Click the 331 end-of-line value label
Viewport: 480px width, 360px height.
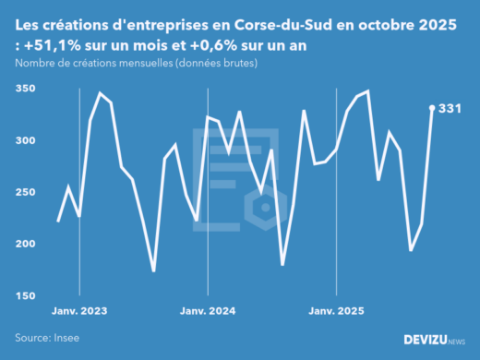pos(450,108)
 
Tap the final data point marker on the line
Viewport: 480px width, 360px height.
pos(432,108)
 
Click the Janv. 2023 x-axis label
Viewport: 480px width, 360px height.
pos(78,311)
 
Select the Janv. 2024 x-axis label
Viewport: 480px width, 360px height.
pos(209,311)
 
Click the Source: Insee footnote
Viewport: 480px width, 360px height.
pos(47,339)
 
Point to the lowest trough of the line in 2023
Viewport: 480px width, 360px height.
pos(153,271)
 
